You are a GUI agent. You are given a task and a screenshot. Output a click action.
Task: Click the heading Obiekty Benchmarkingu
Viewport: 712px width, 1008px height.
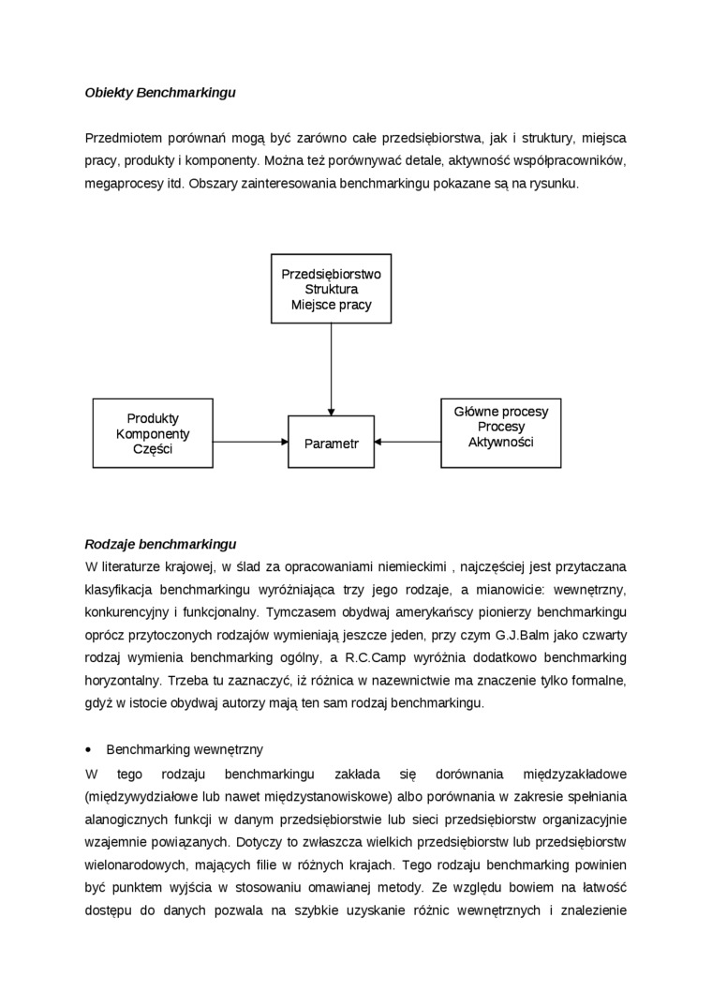[159, 93]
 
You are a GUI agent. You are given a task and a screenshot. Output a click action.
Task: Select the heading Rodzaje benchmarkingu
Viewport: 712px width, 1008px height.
[160, 544]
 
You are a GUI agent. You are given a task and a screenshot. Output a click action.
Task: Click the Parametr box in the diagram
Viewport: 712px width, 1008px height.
[332, 443]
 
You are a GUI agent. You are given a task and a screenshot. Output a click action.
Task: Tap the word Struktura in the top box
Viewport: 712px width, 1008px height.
[331, 289]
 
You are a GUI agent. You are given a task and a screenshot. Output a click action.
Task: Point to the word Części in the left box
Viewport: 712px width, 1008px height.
[153, 449]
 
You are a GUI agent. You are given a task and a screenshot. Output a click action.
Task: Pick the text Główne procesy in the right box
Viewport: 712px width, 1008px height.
[501, 412]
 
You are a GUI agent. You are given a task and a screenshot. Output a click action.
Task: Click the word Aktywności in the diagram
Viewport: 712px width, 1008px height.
[501, 442]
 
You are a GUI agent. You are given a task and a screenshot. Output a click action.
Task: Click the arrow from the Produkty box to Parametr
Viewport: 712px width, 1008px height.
[250, 441]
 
